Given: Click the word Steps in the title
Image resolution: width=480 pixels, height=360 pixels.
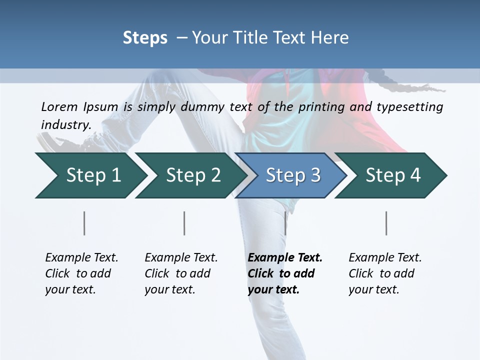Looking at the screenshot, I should tap(145, 38).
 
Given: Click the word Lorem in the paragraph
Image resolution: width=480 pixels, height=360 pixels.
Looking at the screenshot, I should tap(59, 107).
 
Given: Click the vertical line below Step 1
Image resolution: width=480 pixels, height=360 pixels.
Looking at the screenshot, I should tap(84, 223).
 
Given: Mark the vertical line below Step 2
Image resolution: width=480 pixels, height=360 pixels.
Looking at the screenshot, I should tap(184, 223).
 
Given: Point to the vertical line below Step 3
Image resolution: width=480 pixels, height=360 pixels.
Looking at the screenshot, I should tap(285, 223).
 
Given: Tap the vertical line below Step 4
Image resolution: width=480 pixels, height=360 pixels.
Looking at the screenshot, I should tap(386, 223).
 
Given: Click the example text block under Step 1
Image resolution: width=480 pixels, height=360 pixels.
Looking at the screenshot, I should tap(81, 273).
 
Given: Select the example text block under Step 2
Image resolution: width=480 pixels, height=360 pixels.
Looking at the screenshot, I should tap(181, 273).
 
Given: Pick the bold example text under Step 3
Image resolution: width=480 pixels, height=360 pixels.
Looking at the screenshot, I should tap(285, 273).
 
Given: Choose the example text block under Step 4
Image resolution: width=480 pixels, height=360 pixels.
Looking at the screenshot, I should tap(385, 273).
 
